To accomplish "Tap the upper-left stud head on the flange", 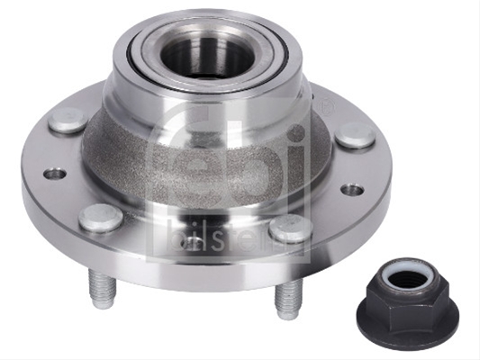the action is [68, 121].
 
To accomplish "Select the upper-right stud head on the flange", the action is [355, 135].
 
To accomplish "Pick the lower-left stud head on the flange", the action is [100, 218].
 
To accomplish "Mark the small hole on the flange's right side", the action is [353, 190].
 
